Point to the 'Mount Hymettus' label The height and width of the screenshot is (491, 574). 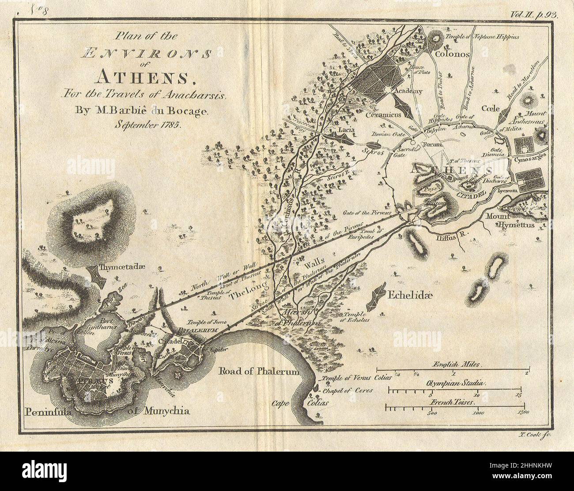[510, 221]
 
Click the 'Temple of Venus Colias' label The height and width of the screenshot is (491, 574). [351, 379]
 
